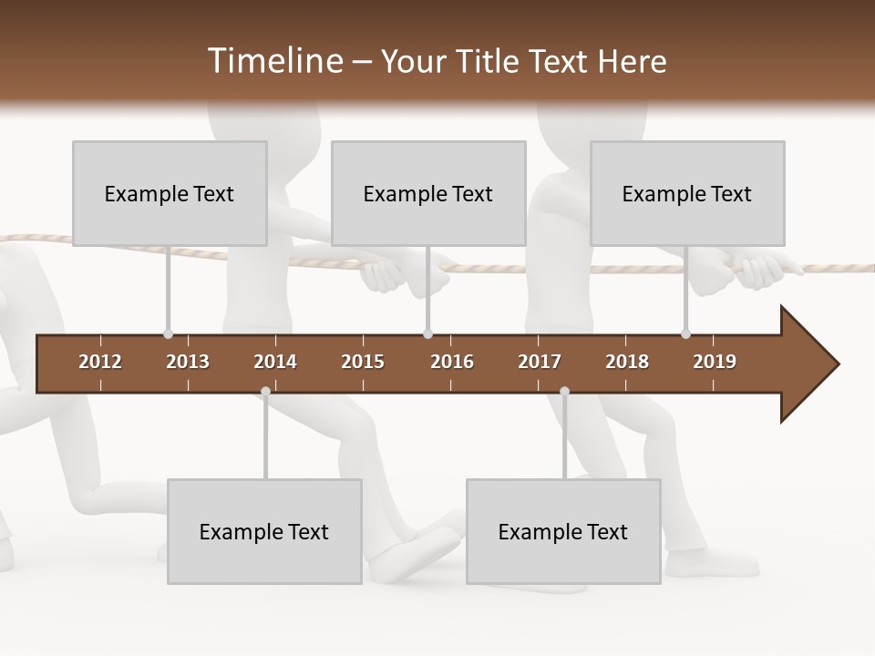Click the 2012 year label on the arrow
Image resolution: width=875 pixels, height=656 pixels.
pos(100,362)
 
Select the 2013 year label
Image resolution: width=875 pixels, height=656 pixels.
pos(188,362)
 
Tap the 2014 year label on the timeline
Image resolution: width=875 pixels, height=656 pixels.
pos(275,362)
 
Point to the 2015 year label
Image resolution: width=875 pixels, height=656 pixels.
pos(363,362)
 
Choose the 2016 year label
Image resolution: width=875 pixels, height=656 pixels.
pos(452,362)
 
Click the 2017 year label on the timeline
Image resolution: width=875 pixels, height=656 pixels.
pos(540,362)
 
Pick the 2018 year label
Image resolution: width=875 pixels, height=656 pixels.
pos(627,362)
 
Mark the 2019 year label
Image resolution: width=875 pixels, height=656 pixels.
pos(715,362)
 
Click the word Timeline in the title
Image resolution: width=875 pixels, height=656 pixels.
pos(274,61)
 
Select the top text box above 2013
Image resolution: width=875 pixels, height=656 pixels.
pos(170,193)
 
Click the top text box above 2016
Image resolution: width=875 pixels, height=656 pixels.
pos(428,193)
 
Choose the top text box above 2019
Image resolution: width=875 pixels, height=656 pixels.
pos(687,193)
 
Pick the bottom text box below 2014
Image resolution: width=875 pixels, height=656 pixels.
pos(264,531)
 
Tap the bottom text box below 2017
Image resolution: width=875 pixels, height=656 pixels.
pos(563,531)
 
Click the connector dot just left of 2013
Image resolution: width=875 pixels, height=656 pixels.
pos(168,333)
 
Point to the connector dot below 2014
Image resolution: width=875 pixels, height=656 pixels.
pos(265,392)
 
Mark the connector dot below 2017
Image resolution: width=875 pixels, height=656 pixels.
pos(564,392)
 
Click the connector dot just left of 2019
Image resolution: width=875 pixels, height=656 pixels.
pos(685,333)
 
